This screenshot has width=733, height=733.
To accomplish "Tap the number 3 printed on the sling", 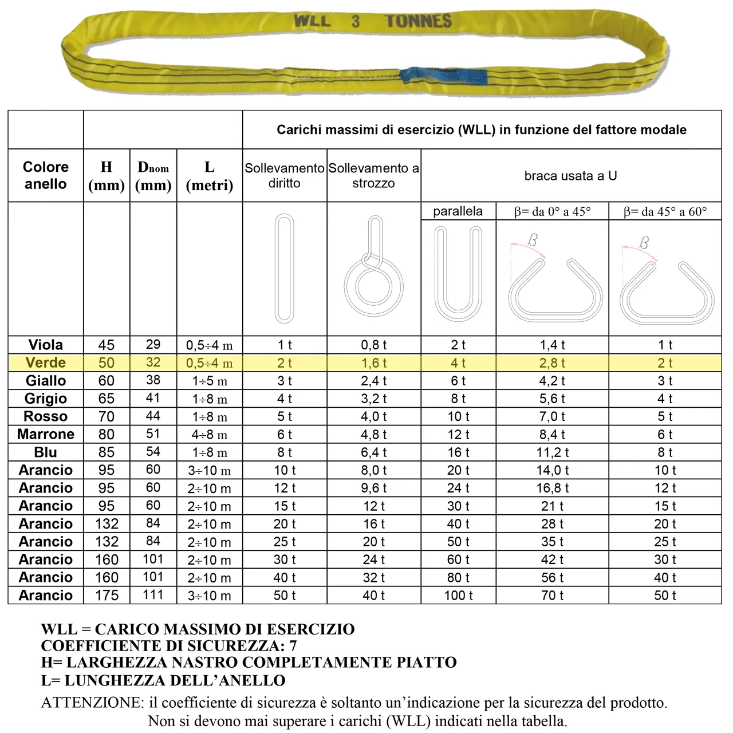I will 356,22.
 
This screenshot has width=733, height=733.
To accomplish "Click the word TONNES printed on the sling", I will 418,22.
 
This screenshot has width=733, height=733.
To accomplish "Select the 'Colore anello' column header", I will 45,175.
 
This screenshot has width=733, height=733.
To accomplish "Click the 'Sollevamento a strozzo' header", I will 373,175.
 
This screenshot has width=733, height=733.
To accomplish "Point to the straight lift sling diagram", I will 284,268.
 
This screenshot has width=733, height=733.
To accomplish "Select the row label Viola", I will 45,345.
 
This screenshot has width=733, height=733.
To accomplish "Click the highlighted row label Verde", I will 45,362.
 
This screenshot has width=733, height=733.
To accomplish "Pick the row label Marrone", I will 45,434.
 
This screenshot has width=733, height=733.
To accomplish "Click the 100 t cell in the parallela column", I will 458,595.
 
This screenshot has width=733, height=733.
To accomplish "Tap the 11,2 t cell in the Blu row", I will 552,452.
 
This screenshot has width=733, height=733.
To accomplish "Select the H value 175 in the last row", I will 107,595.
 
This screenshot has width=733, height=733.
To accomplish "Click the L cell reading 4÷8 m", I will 210,435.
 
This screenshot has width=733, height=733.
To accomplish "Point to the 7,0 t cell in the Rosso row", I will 552,416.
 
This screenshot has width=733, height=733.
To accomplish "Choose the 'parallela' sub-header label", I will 458,211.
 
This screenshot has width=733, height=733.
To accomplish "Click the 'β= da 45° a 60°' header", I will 665,211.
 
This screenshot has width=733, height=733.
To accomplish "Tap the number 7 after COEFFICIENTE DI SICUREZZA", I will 293,646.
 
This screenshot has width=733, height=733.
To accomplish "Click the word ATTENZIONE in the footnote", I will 92,703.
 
